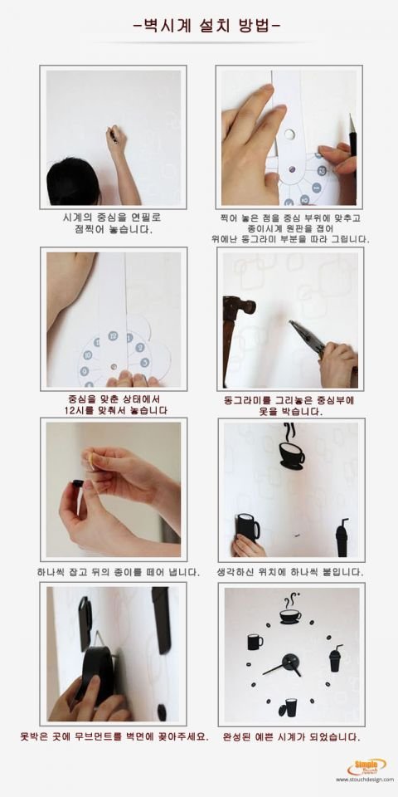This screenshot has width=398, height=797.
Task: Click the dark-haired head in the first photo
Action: [x=74, y=182]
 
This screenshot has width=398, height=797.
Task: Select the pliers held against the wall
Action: [x=308, y=338]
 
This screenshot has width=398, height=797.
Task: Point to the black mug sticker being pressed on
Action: [x=248, y=528]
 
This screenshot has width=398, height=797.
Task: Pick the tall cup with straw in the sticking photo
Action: [x=342, y=537]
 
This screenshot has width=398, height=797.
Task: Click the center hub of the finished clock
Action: [x=291, y=663]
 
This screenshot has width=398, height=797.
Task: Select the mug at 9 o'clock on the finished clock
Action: [x=255, y=642]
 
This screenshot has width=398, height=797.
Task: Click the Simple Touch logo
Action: [x=366, y=766]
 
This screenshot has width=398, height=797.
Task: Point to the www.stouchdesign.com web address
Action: [x=365, y=780]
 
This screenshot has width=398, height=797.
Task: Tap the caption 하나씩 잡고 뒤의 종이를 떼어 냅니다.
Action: [x=119, y=572]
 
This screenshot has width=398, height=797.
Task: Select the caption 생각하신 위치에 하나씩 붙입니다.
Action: [x=290, y=572]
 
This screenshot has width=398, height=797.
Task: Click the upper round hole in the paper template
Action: [x=289, y=134]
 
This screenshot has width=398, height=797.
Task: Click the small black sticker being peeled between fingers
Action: [x=77, y=483]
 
